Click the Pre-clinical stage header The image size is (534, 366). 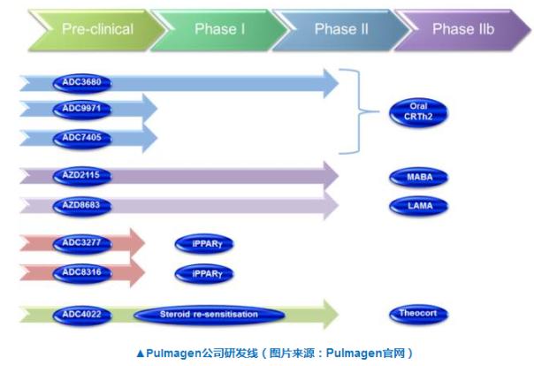click(x=97, y=30)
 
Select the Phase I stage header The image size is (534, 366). click(x=219, y=30)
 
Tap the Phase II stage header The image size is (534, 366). click(x=341, y=30)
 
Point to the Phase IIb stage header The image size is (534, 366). click(x=463, y=30)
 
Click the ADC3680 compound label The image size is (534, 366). click(x=82, y=82)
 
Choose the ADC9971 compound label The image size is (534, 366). click(x=82, y=109)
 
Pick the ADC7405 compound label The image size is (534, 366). click(x=82, y=138)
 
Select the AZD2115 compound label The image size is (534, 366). click(x=82, y=176)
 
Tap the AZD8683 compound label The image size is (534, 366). click(x=82, y=206)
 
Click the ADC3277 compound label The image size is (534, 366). click(x=82, y=243)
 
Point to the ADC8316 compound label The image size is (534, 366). click(x=82, y=272)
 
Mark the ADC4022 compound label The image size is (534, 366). click(x=82, y=315)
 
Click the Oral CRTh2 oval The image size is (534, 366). click(x=418, y=112)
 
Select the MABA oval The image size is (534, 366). click(x=418, y=177)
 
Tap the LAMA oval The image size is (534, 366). click(x=418, y=206)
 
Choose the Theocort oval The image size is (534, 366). click(x=418, y=314)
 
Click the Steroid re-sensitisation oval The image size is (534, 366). click(x=210, y=315)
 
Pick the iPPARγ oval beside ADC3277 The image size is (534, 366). click(x=204, y=244)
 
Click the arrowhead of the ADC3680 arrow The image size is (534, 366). click(x=331, y=83)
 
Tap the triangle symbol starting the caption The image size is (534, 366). click(x=141, y=354)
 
